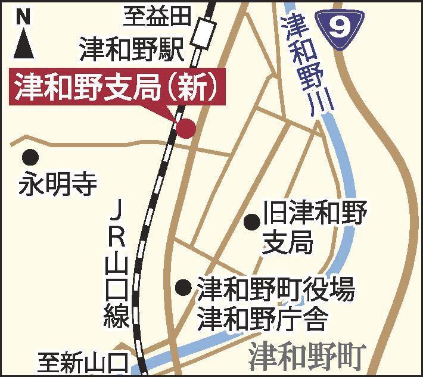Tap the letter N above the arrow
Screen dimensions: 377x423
[x=23, y=17]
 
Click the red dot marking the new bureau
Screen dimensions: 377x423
[x=185, y=127]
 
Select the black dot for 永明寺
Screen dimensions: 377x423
[x=30, y=157]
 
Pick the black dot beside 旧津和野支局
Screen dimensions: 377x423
[x=253, y=222]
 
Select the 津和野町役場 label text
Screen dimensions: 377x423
[x=276, y=290]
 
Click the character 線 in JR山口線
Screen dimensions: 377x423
[x=119, y=316]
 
